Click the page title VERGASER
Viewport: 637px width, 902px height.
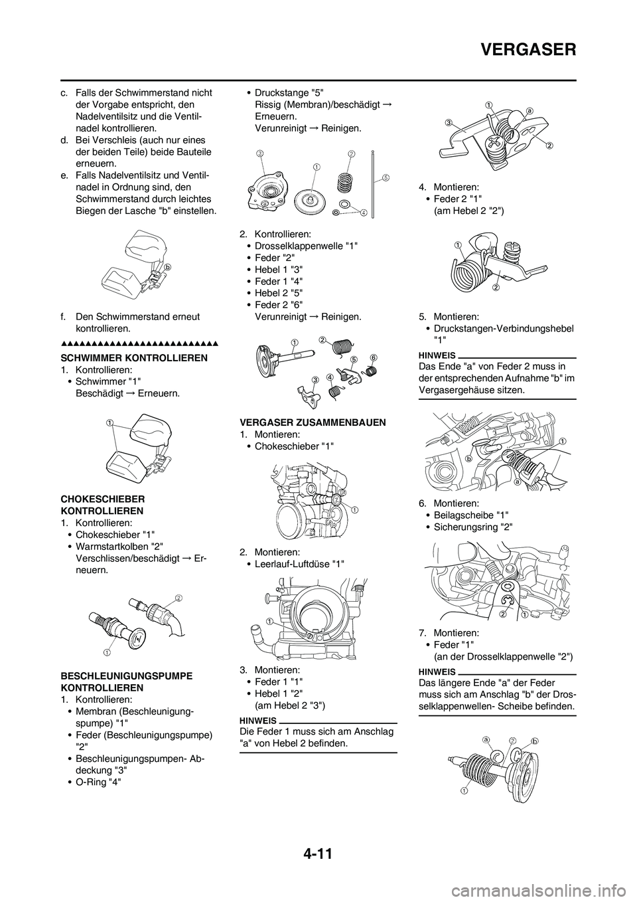pos(528,50)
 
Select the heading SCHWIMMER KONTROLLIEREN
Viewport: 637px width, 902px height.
pos(134,357)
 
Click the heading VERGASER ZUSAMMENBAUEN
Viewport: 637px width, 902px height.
pos(313,422)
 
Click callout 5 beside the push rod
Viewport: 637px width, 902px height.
pos(385,177)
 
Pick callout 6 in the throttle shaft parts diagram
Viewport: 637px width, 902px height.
pos(374,357)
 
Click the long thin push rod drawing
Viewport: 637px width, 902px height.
pos(374,183)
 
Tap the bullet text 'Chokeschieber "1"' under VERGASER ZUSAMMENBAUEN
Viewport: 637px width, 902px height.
pos(294,446)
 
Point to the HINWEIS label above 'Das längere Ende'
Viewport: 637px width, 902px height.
pos(437,672)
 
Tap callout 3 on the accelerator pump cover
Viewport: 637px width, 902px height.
pos(261,153)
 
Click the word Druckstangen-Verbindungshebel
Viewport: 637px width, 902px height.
pos(504,328)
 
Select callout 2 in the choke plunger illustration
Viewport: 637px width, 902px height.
pos(178,596)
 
